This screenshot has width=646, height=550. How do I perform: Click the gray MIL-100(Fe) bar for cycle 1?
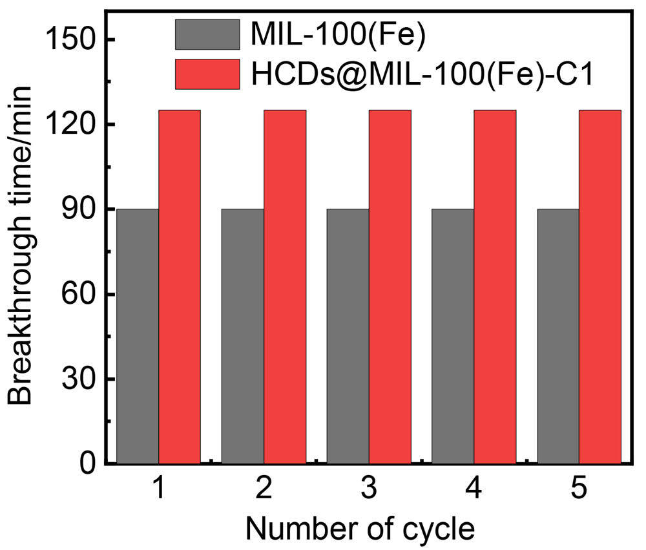click(x=138, y=336)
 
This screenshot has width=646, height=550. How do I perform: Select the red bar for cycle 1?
click(x=180, y=287)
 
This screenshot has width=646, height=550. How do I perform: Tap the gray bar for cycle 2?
click(x=242, y=336)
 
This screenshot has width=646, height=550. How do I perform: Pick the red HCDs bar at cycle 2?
click(x=285, y=287)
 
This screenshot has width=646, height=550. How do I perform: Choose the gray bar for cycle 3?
click(x=348, y=336)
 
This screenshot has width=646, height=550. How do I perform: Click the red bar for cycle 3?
click(x=390, y=287)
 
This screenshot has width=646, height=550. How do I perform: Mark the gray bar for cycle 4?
click(x=453, y=336)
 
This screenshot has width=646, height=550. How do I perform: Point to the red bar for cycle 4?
click(x=495, y=287)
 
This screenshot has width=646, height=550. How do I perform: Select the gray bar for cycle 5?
click(x=558, y=336)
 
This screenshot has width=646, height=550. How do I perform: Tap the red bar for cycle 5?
click(x=600, y=287)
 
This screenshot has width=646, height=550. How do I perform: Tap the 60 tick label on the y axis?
click(x=79, y=295)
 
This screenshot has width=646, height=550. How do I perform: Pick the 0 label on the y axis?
click(x=88, y=464)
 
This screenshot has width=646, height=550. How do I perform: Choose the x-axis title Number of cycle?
click(x=360, y=529)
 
